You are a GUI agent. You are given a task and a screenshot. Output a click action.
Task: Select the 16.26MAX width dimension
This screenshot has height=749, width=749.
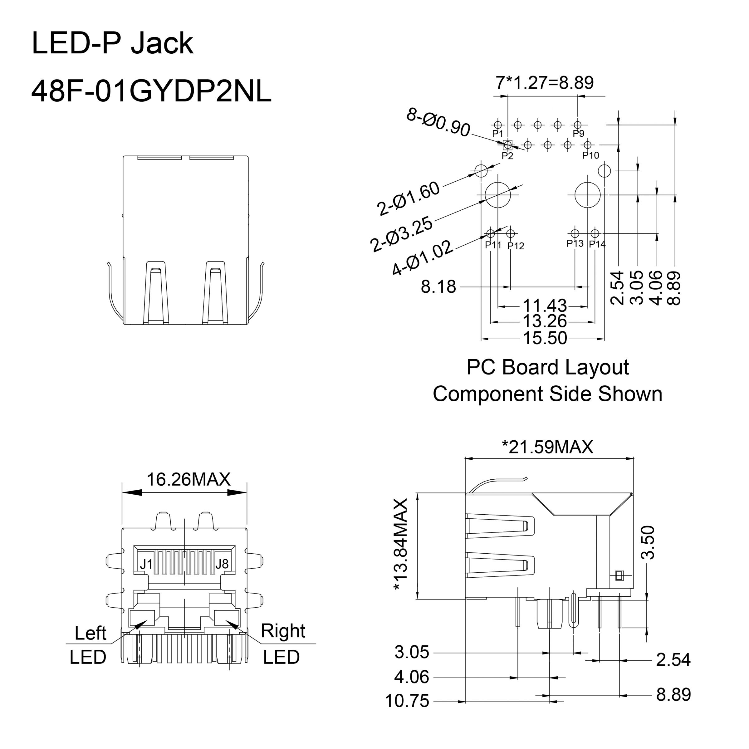pos(188,480)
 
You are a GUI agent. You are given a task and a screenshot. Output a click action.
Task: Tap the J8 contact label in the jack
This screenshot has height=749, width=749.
pos(222,564)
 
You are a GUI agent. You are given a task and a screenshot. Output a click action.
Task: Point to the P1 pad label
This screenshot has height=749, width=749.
pos(497,133)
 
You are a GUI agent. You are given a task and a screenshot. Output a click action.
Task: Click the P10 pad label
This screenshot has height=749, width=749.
pos(590,155)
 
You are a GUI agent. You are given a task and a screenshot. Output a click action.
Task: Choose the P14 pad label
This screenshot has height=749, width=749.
pos(597,244)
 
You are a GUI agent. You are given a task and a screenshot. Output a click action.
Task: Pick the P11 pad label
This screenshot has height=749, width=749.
pos(493,245)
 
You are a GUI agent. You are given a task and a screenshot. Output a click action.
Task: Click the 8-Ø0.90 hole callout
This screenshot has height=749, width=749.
pos(438,123)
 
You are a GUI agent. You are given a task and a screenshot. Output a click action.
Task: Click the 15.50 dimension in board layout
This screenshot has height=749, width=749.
pos(545,338)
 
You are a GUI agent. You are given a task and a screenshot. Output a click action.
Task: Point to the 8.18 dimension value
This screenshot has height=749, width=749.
pos(438,287)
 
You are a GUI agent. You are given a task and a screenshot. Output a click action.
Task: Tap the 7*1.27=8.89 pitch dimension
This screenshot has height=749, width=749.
pos(544,83)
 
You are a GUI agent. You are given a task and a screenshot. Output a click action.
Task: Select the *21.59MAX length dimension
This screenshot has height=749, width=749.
pos(547,447)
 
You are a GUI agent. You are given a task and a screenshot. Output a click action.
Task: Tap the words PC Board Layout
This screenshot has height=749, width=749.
pos(547,367)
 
